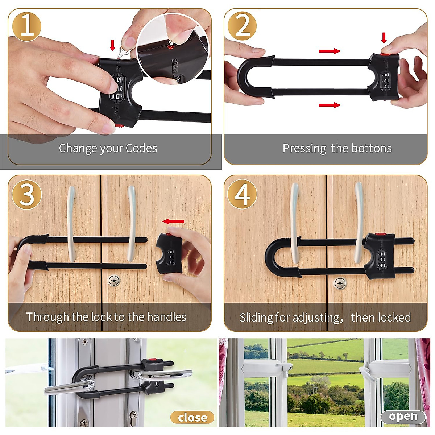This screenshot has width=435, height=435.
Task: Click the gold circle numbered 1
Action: click(27, 26)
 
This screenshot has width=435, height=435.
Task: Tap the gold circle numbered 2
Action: click(242, 26)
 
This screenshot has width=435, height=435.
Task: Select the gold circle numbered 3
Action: click(27, 194)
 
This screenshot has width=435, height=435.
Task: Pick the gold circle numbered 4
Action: click(242, 194)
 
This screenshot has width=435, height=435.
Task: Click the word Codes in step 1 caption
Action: click(141, 148)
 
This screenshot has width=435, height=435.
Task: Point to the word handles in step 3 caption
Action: click(166, 317)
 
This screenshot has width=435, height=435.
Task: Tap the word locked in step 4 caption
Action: click(393, 318)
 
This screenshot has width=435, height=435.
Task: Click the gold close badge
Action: click(192, 418)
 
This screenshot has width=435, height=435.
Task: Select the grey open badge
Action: click(403, 417)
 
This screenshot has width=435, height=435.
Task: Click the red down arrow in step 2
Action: click(384, 38)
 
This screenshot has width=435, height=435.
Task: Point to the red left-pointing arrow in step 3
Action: click(173, 221)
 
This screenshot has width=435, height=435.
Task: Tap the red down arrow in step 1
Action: click(112, 45)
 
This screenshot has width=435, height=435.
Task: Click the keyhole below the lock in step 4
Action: click(340, 283)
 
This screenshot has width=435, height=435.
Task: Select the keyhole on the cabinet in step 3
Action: click(114, 280)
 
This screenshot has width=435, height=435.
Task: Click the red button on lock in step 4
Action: click(380, 235)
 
